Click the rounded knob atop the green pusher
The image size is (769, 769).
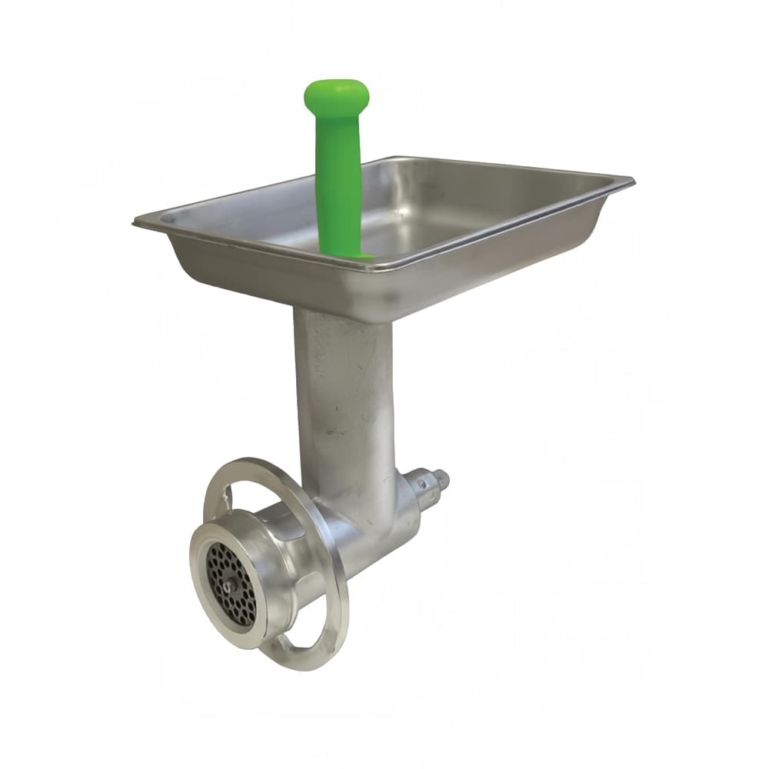tap(337, 94)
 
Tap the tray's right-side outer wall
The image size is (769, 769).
tap(523, 238)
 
